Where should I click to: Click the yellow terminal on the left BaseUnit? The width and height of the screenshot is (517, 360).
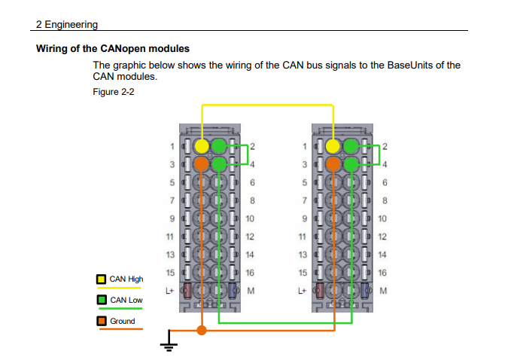(x=202, y=146)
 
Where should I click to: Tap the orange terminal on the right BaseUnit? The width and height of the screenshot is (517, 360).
(x=333, y=163)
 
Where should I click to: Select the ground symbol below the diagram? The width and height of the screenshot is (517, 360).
(x=169, y=340)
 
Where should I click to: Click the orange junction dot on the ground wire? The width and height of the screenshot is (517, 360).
(x=202, y=330)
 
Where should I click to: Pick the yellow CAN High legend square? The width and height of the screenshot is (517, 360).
(x=102, y=279)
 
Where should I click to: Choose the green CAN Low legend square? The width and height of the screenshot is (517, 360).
(x=102, y=300)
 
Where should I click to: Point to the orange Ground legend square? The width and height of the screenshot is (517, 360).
(x=102, y=321)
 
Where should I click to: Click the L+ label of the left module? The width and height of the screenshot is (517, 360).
(x=169, y=291)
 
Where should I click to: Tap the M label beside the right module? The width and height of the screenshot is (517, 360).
(x=383, y=291)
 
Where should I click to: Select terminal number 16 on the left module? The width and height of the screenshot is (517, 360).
(x=250, y=273)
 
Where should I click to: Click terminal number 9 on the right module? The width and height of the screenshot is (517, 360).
(x=304, y=218)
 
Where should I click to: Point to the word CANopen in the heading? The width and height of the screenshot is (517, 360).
(x=123, y=49)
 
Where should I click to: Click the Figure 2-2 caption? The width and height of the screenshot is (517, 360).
(x=114, y=92)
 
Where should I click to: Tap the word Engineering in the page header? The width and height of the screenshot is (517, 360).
(x=71, y=24)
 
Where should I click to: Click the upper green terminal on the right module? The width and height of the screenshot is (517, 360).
(x=351, y=146)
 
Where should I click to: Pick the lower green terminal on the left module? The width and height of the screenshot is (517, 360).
(x=219, y=163)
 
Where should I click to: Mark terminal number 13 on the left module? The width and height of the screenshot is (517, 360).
(x=170, y=255)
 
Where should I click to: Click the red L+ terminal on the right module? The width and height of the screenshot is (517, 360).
(x=320, y=291)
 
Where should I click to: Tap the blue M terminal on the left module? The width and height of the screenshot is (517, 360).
(x=232, y=291)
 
